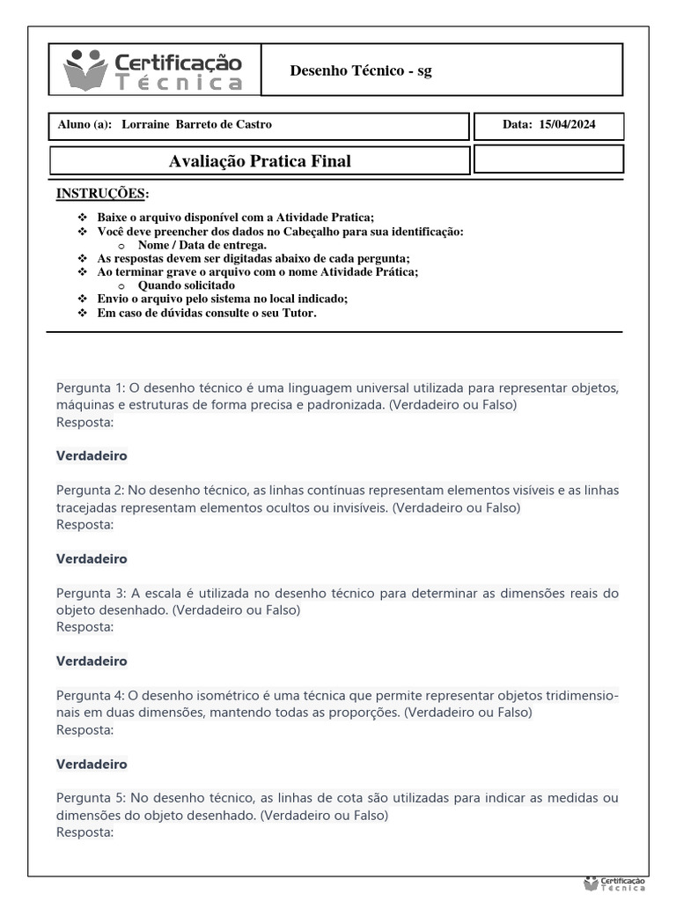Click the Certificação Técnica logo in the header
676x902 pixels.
153,70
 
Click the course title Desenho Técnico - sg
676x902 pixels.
361,70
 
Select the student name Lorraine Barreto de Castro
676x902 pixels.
196,124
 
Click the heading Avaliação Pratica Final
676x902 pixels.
259,161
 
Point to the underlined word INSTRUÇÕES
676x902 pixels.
102,193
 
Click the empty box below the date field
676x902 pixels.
548,159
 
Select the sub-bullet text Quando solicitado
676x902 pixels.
187,285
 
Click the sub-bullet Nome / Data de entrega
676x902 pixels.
202,245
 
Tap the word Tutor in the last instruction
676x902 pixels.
300,313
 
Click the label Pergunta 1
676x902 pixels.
92,388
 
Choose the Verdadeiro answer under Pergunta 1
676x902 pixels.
92,456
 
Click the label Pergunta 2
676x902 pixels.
92,491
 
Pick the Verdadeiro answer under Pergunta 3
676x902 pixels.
92,661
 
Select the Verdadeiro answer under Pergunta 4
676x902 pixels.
92,764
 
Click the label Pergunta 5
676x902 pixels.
92,798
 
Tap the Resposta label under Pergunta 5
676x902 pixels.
85,832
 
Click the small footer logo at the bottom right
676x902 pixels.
614,884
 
